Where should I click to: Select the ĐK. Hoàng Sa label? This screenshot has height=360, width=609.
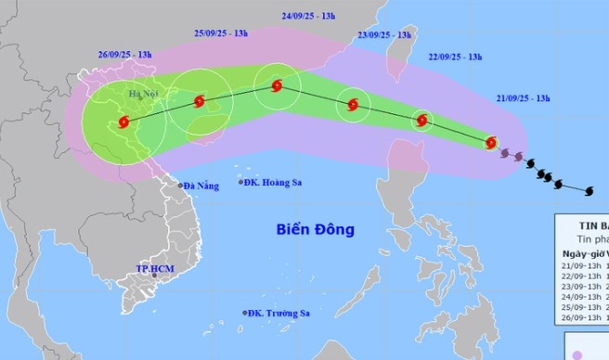click(x=276, y=183)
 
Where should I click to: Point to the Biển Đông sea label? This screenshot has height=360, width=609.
click(x=315, y=228)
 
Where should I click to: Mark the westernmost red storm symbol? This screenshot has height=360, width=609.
click(x=123, y=120)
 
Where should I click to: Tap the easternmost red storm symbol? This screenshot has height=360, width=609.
click(x=491, y=143)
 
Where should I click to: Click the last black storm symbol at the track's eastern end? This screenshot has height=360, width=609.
click(x=589, y=190)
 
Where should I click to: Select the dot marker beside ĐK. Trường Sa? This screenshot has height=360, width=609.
click(x=245, y=313)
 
